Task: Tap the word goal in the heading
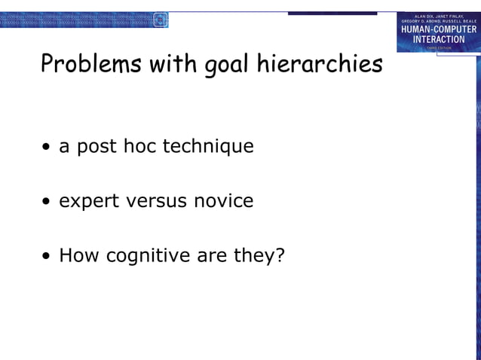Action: click(x=228, y=66)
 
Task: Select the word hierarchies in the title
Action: click(x=320, y=65)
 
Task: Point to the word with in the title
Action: click(x=173, y=65)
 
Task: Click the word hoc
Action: click(x=137, y=145)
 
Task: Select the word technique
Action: click(x=208, y=146)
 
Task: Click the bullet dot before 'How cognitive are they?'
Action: click(x=47, y=257)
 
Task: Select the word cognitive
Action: click(x=148, y=256)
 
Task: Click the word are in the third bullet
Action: click(x=212, y=256)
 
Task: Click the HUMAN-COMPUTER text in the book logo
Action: click(x=439, y=29)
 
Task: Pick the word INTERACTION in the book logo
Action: click(x=439, y=39)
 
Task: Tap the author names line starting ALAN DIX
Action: click(x=440, y=16)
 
